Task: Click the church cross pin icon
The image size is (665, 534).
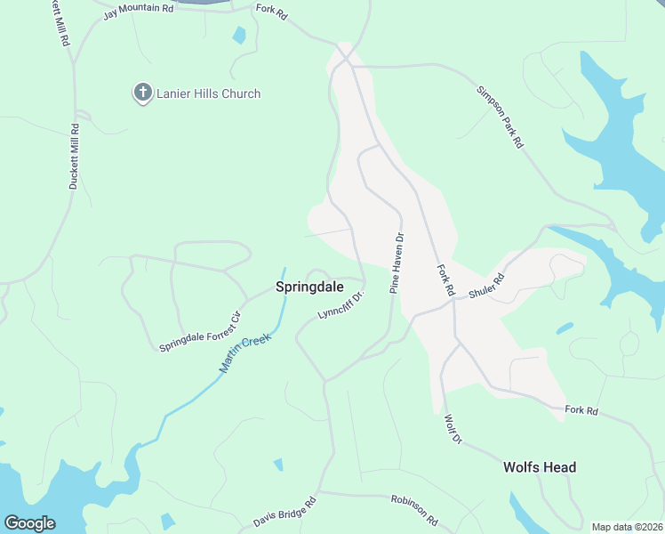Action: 142,93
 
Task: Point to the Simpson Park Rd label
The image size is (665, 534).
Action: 500,117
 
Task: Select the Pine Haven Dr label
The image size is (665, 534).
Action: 397,263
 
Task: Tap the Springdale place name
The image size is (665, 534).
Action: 308,287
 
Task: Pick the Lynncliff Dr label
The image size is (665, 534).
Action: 341,303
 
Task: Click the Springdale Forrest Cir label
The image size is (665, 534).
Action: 200,330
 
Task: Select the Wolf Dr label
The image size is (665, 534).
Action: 452,428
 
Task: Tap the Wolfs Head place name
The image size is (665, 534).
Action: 540,467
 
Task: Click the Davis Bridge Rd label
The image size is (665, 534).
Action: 285,511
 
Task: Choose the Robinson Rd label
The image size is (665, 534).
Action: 414,509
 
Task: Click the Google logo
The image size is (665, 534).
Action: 29,523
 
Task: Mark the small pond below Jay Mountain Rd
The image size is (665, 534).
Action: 238,36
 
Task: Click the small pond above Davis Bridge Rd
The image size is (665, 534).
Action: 278,465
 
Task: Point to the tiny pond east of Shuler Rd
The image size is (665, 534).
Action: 565,328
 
